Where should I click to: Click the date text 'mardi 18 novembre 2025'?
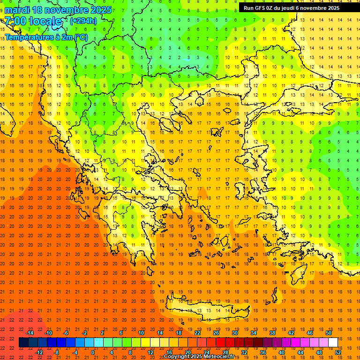point(58,10)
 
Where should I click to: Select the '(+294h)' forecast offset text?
point(83,21)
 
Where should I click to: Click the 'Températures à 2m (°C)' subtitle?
point(46,37)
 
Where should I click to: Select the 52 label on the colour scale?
point(338,352)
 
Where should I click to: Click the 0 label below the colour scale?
point(93,352)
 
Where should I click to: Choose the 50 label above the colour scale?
point(329,333)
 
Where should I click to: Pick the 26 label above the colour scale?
point(216,333)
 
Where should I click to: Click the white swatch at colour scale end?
point(333,343)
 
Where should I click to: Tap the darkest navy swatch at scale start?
point(23,343)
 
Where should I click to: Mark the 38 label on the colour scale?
point(272,333)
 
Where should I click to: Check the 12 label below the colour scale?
point(150,352)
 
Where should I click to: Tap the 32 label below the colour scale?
point(244,352)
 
